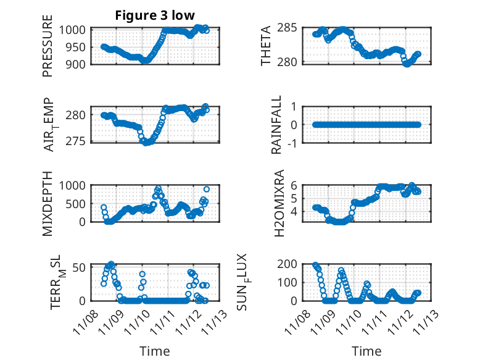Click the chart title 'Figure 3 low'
click(x=155, y=16)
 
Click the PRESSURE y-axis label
click(x=48, y=46)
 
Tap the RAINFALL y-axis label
click(x=278, y=124)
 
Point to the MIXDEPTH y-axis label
click(x=48, y=203)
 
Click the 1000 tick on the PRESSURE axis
click(x=75, y=30)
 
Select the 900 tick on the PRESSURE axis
click(x=79, y=64)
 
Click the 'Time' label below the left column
click(x=154, y=351)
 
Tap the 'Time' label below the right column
click(x=367, y=351)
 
